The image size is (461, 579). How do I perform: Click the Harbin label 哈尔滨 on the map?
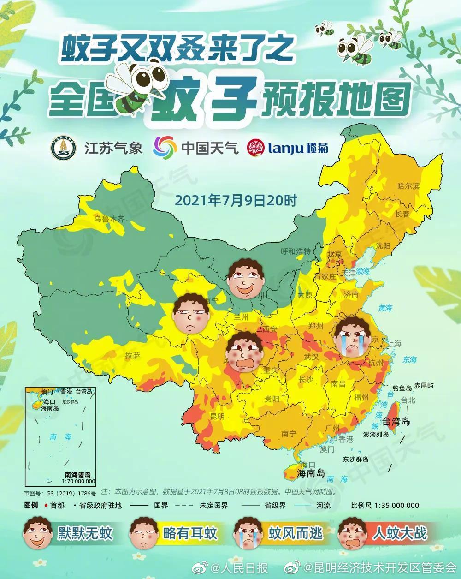409,186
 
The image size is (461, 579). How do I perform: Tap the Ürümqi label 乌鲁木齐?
110,219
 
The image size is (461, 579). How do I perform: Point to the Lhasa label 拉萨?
132,356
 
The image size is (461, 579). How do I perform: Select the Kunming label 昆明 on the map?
217,417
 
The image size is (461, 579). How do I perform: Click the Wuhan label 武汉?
311,357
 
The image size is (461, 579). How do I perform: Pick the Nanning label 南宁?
289,434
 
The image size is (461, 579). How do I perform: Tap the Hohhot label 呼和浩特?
296,251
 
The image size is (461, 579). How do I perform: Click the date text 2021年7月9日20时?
236,201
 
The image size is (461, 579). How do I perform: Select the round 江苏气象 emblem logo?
63,149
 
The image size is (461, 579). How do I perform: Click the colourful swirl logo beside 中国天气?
165,148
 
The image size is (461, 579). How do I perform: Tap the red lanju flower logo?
256,148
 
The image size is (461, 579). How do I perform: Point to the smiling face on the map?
246,278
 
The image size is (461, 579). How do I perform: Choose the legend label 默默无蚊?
85,534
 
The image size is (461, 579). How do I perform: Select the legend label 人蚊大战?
400,534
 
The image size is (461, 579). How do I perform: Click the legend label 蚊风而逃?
296,534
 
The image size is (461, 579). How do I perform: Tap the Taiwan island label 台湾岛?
393,421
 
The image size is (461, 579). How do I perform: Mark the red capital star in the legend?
46,505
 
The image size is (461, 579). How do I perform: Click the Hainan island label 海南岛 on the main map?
311,473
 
